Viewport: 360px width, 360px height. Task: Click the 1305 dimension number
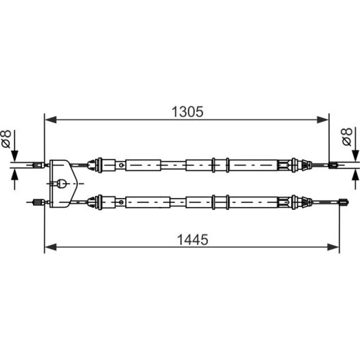(187, 112)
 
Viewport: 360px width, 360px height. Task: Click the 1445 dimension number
(192, 239)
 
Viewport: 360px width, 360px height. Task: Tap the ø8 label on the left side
(6, 139)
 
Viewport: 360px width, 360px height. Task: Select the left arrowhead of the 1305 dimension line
(50, 120)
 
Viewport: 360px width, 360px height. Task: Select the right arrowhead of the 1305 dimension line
(323, 120)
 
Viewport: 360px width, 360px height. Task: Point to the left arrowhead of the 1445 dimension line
(50, 247)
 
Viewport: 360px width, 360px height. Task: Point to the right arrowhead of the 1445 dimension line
(333, 247)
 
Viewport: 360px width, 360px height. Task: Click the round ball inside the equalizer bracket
(61, 184)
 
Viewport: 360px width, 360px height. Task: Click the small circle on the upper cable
(121, 165)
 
